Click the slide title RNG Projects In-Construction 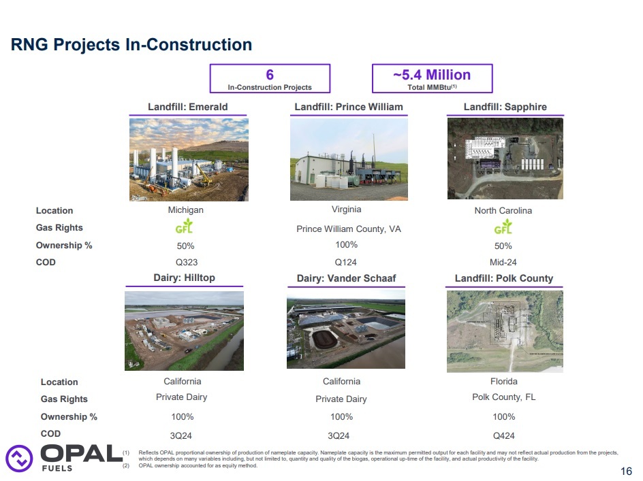coord(131,45)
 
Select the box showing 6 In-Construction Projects coord(270,78)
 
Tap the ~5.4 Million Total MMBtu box coord(432,78)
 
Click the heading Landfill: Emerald coord(188,107)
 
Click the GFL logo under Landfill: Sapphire coord(503,227)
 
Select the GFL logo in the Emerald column coord(185,227)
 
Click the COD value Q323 coord(186,262)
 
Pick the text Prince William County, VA coord(349,229)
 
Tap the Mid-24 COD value coord(503,262)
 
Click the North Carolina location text coord(503,210)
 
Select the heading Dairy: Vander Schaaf coord(346,278)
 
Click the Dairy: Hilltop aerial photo coord(184,330)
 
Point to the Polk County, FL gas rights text coord(504,397)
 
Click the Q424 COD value coord(504,433)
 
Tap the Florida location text coord(504,381)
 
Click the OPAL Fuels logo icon coord(19,457)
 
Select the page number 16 coord(627,471)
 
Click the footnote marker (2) coord(126,466)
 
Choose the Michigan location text coord(186,210)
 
